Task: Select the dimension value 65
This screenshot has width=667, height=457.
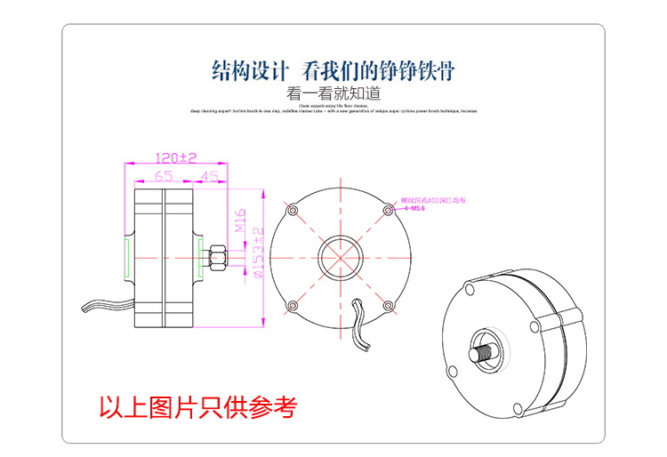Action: [x=163, y=176]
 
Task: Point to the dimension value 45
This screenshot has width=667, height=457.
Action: [x=209, y=176]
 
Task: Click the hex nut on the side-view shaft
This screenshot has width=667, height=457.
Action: [x=217, y=259]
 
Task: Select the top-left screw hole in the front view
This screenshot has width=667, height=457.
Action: [x=292, y=210]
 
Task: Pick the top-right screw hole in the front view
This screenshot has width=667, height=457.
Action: [x=387, y=210]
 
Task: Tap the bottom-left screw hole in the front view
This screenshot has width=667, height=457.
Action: [x=292, y=306]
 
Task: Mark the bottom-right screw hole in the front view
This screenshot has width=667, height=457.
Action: [x=387, y=306]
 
